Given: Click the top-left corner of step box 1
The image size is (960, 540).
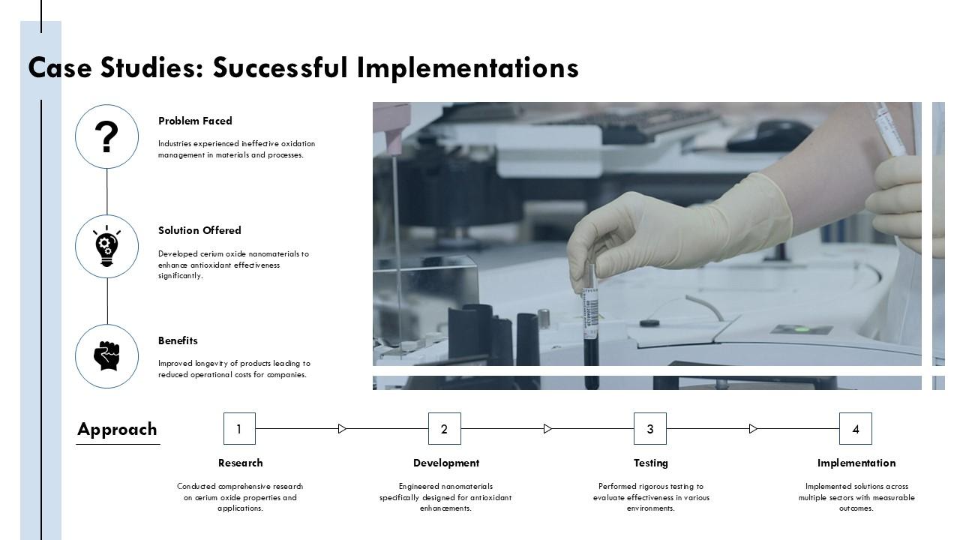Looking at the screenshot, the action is [x=223, y=413].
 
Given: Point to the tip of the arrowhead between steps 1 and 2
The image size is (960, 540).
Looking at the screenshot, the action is [x=346, y=428].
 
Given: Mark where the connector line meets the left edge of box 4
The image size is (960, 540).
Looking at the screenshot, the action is [x=839, y=428].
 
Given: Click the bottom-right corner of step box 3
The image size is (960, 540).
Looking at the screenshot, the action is [x=667, y=445].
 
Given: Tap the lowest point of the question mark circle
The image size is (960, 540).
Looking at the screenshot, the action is [x=106, y=169].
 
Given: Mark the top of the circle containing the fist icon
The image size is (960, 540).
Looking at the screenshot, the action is [x=106, y=325].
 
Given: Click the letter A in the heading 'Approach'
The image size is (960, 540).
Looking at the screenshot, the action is [x=85, y=429].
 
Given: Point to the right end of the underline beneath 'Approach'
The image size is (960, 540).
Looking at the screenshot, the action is [x=160, y=445].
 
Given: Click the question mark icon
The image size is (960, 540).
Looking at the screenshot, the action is [x=106, y=136].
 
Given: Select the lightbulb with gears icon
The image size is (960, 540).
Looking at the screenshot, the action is [x=106, y=247].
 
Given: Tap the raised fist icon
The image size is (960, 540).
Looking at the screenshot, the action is [x=106, y=356].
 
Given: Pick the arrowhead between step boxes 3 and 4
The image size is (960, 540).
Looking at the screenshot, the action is [x=754, y=428].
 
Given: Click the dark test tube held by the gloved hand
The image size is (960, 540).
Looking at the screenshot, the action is [x=591, y=325].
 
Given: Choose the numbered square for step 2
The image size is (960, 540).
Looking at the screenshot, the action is [x=445, y=428].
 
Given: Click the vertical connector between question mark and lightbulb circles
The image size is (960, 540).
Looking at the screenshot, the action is [x=106, y=191].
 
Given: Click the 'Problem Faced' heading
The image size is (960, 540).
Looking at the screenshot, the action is [x=195, y=121].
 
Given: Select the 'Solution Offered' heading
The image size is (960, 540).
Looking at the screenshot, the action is [x=199, y=230].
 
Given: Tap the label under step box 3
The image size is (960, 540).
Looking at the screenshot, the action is [x=650, y=463].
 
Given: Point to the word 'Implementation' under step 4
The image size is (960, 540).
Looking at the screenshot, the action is [x=856, y=463].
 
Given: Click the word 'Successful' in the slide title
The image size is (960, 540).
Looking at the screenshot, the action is [x=280, y=67].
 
